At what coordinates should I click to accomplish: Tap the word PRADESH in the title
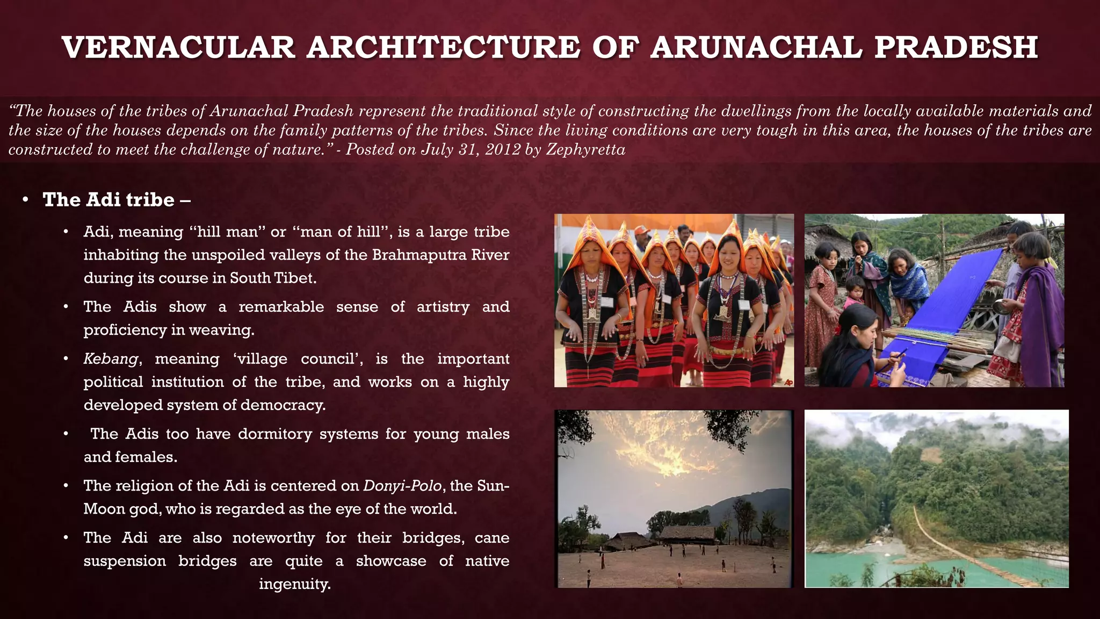click(x=956, y=47)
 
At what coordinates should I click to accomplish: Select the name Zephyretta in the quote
click(x=585, y=149)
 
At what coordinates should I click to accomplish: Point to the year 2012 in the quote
click(x=503, y=149)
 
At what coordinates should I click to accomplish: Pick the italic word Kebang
click(x=111, y=359)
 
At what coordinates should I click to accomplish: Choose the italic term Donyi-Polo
click(x=402, y=486)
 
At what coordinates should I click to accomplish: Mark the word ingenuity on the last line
click(x=294, y=584)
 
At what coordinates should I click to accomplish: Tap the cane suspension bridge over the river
click(x=961, y=553)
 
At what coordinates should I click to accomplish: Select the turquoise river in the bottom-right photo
click(x=849, y=564)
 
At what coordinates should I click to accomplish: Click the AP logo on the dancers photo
click(x=788, y=382)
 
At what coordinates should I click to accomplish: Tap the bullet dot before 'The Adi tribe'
click(x=25, y=200)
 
